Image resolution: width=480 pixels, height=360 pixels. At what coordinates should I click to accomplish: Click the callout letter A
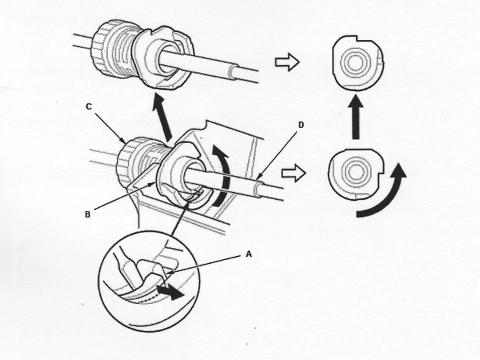pos(248,254)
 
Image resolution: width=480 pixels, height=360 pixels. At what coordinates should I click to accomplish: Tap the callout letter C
pos(89,106)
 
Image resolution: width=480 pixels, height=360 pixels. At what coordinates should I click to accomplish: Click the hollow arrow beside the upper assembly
pos(286,62)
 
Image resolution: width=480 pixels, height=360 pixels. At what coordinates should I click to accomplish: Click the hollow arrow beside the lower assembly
pos(293,174)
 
